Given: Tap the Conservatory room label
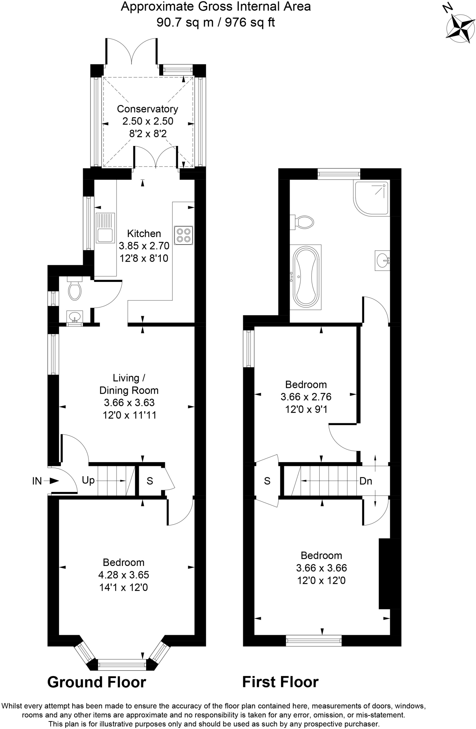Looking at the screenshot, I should [x=148, y=109].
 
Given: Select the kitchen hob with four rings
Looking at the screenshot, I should [x=184, y=235].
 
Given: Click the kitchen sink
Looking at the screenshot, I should [x=105, y=228].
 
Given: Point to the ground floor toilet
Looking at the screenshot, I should [x=74, y=289].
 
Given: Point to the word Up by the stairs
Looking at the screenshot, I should [x=88, y=481].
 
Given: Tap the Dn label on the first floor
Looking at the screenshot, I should [x=366, y=481].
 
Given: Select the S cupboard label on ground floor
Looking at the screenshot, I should [x=150, y=481].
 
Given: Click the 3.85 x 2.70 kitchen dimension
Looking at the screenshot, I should [x=144, y=246].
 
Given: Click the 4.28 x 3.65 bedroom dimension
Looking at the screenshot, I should [x=124, y=575].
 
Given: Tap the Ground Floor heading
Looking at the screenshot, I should [x=97, y=682].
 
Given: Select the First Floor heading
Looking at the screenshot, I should [x=280, y=682].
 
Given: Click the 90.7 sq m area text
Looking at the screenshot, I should [x=185, y=23].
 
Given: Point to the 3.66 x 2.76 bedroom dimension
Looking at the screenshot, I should [x=306, y=397].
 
